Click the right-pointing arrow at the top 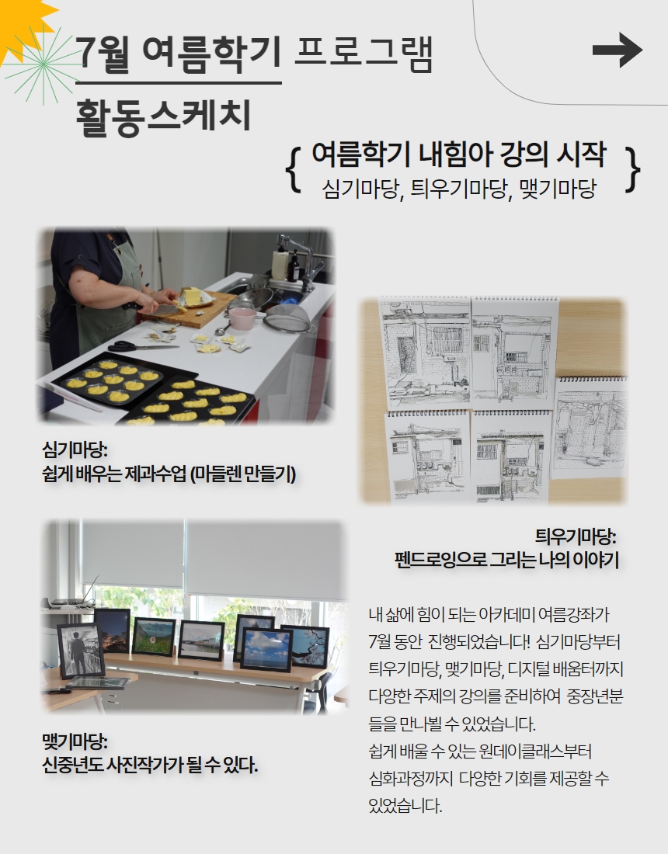[618, 50]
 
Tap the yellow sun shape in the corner [19, 23]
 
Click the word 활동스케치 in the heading [163, 116]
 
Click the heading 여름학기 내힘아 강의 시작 [458, 154]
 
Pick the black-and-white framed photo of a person [81, 650]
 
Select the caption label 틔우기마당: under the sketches [576, 536]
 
